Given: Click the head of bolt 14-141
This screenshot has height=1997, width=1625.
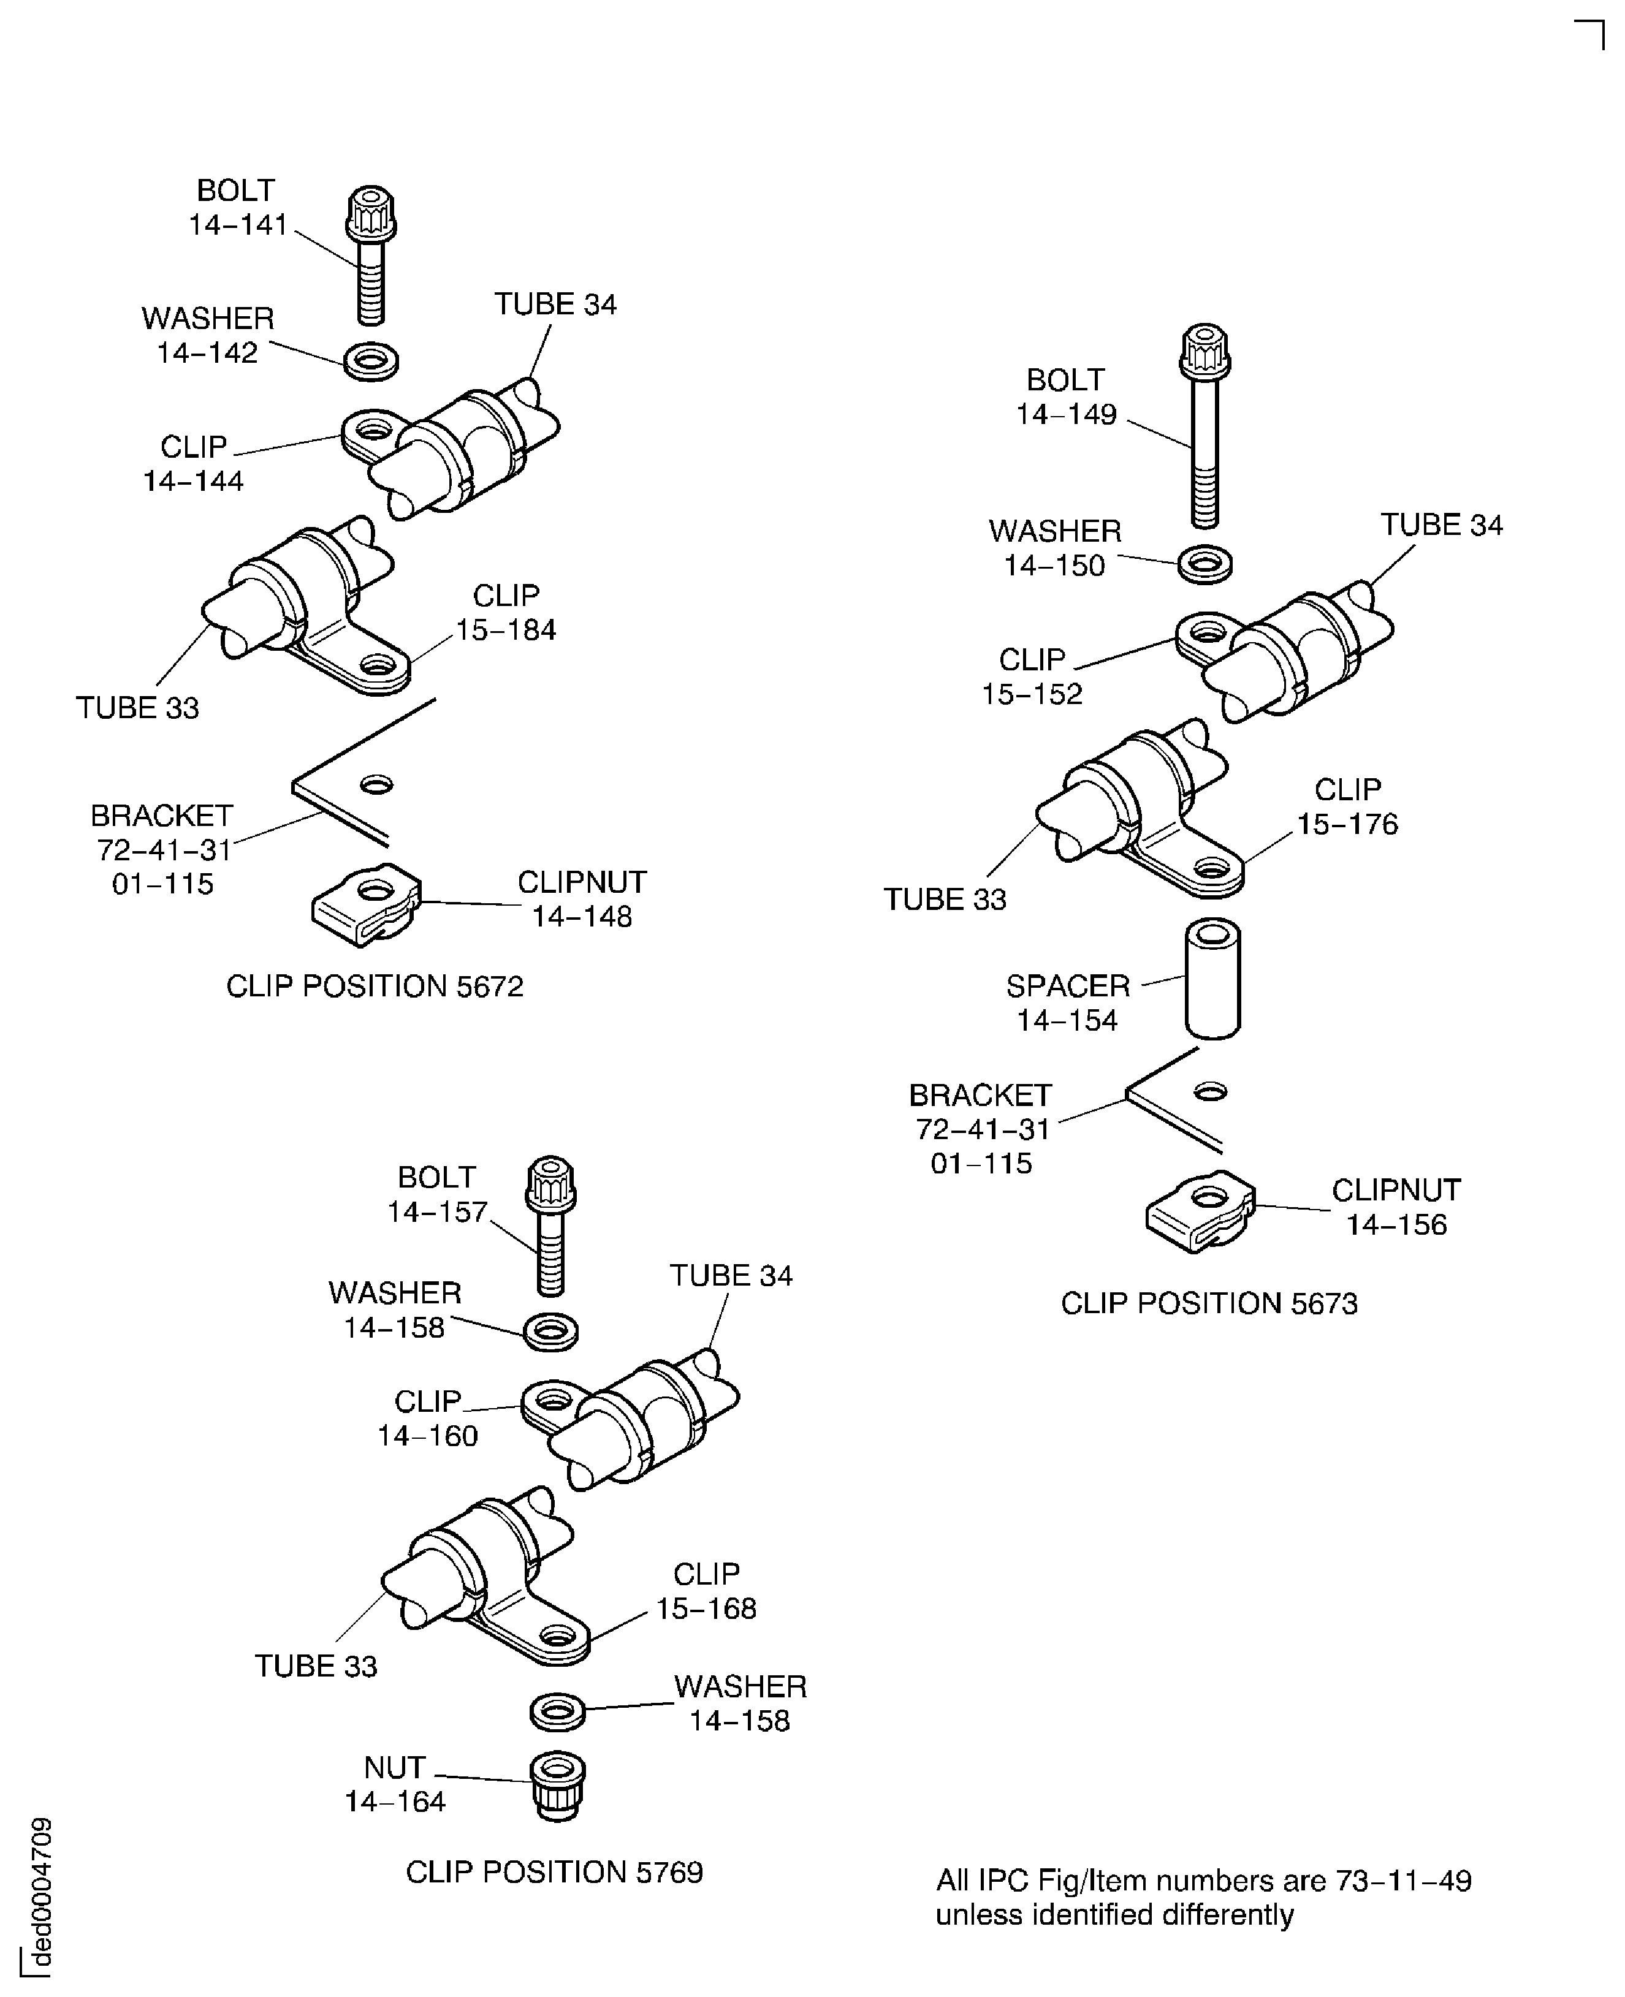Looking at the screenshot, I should point(371,213).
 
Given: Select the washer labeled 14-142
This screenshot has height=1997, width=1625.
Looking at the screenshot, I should point(371,360).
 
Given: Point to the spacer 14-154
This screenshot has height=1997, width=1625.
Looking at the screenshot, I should point(1213,978).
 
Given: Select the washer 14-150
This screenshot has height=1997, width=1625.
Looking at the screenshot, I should point(1204,564).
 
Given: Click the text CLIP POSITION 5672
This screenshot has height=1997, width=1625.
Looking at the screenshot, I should point(375,987).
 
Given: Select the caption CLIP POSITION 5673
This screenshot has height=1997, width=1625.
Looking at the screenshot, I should point(1208,1303).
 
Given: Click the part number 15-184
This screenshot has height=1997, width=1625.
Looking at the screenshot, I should point(506,630).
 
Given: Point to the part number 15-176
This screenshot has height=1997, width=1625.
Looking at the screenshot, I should point(1347,824).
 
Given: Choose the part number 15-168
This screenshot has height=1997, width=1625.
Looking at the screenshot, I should point(706,1609).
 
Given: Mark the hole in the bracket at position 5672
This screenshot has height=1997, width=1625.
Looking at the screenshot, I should point(376,784).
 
